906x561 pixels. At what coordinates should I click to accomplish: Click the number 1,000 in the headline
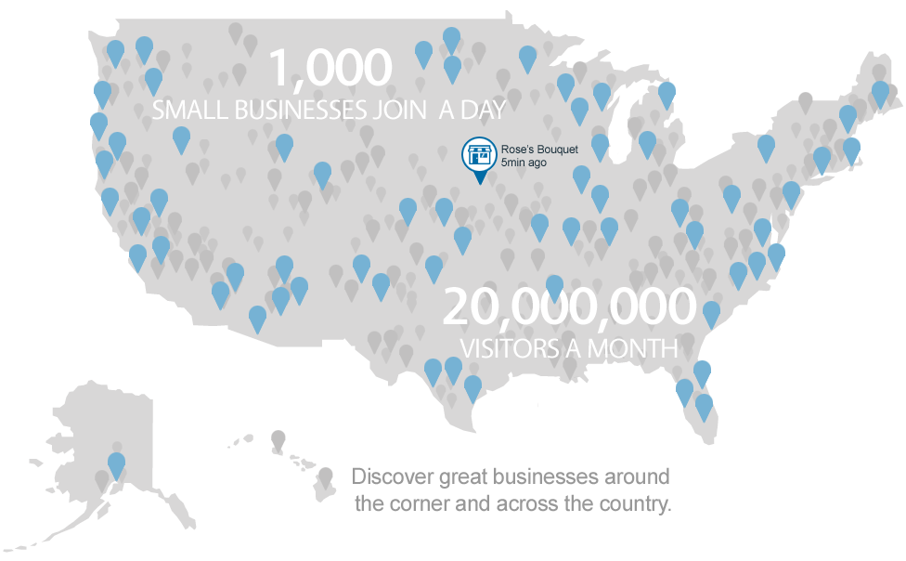(330, 68)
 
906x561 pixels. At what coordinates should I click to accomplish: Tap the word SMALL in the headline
(188, 110)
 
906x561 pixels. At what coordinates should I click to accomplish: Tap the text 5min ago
(524, 163)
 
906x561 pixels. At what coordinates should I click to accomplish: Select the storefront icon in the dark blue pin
(479, 154)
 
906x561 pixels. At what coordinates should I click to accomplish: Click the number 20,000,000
(569, 307)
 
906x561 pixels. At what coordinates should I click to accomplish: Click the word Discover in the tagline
(393, 478)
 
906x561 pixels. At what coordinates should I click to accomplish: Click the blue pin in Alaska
(116, 463)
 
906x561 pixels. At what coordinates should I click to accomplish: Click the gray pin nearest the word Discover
(325, 476)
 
